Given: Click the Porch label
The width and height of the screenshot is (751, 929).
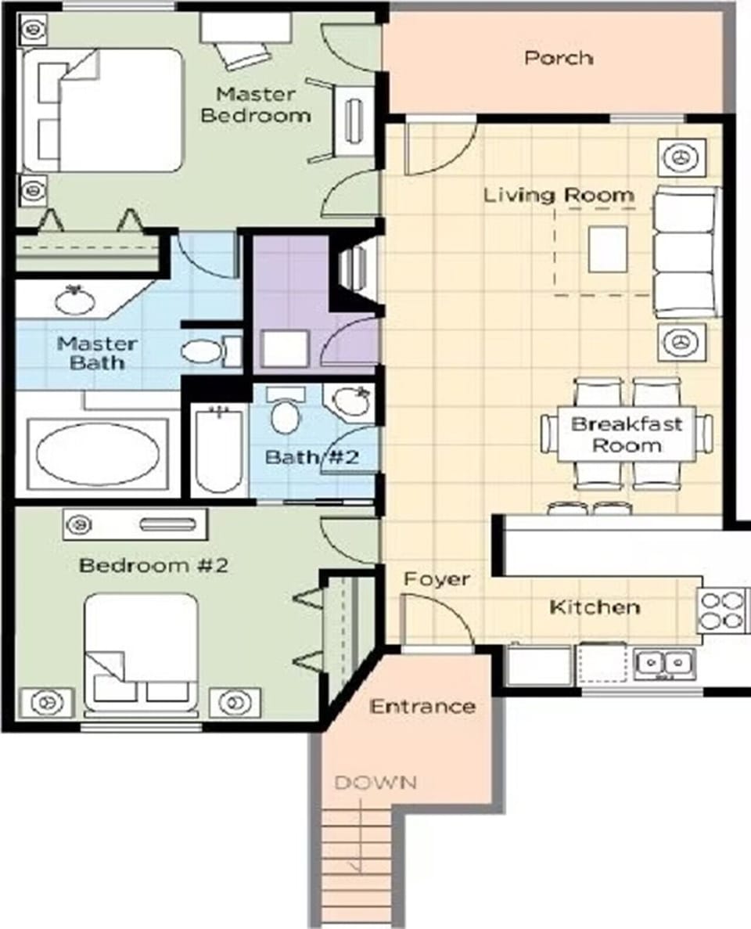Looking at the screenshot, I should click(x=559, y=59).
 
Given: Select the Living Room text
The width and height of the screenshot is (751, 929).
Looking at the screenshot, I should click(x=559, y=195).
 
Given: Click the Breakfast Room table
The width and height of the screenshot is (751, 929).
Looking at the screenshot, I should click(x=626, y=435).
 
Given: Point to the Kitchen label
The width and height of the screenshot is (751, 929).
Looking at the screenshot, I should click(x=595, y=607).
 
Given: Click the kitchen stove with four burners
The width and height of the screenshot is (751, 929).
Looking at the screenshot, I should click(x=721, y=610).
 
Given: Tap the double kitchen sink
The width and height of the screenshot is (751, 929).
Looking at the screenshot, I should click(x=663, y=664).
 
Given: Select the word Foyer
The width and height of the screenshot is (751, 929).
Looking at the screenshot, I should click(x=437, y=579).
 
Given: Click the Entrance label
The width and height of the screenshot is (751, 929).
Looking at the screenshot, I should click(x=422, y=707).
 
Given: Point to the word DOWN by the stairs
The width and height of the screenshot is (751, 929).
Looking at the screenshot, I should click(x=375, y=782).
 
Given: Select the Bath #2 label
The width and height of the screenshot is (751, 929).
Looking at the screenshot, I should click(x=311, y=457).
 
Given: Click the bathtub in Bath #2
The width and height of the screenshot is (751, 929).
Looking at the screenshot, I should click(x=218, y=451).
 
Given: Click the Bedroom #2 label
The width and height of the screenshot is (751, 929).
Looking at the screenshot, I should click(x=153, y=565).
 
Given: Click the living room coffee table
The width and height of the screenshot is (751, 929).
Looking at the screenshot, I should click(x=607, y=249).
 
